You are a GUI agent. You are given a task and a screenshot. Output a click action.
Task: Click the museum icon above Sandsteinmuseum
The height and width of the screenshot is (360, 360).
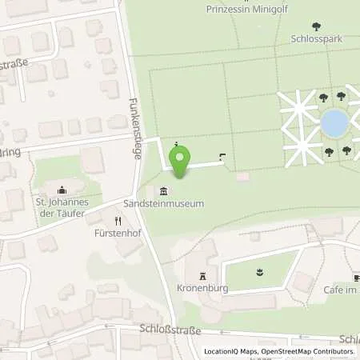tap(163, 190)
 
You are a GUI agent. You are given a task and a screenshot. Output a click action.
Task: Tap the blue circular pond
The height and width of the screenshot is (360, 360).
tap(334, 123)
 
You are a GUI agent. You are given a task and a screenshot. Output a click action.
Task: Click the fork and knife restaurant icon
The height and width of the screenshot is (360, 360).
tap(118, 222)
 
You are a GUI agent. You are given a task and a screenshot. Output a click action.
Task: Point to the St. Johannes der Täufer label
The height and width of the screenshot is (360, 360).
tap(61, 208)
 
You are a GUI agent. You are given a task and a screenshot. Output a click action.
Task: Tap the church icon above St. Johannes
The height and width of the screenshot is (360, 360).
tap(61, 190)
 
